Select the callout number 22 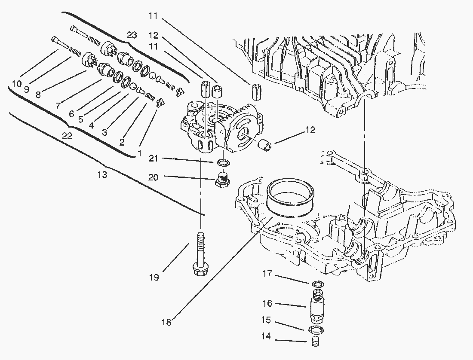click(x=67, y=136)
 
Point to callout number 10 click(x=17, y=84)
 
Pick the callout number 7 click(x=58, y=105)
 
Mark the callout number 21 click(x=154, y=159)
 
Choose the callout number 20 click(x=154, y=177)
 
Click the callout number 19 click(x=154, y=278)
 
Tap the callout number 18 click(x=166, y=322)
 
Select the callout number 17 click(x=267, y=273)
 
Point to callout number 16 click(x=267, y=303)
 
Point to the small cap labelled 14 click(x=316, y=342)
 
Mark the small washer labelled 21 click(x=222, y=163)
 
